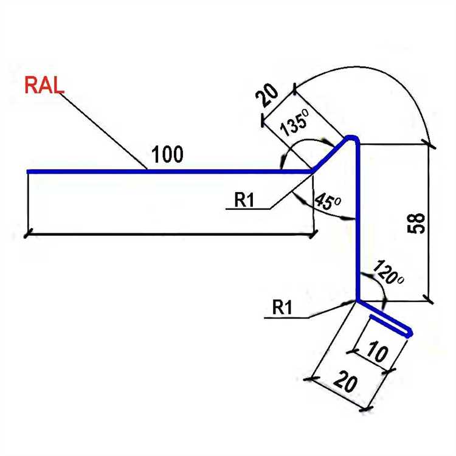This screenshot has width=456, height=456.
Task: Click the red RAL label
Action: [x=44, y=85]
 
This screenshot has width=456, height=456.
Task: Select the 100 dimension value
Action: [x=167, y=155]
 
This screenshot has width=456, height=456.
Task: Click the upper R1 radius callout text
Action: [x=244, y=200]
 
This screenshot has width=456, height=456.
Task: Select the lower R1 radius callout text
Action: [x=283, y=308]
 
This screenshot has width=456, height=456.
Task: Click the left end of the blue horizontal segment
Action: [x=29, y=171]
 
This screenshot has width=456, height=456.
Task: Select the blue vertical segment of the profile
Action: [x=357, y=225]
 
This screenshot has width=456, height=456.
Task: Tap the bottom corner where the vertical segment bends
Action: [x=358, y=300]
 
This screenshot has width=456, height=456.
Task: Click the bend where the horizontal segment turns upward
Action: [x=313, y=171]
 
